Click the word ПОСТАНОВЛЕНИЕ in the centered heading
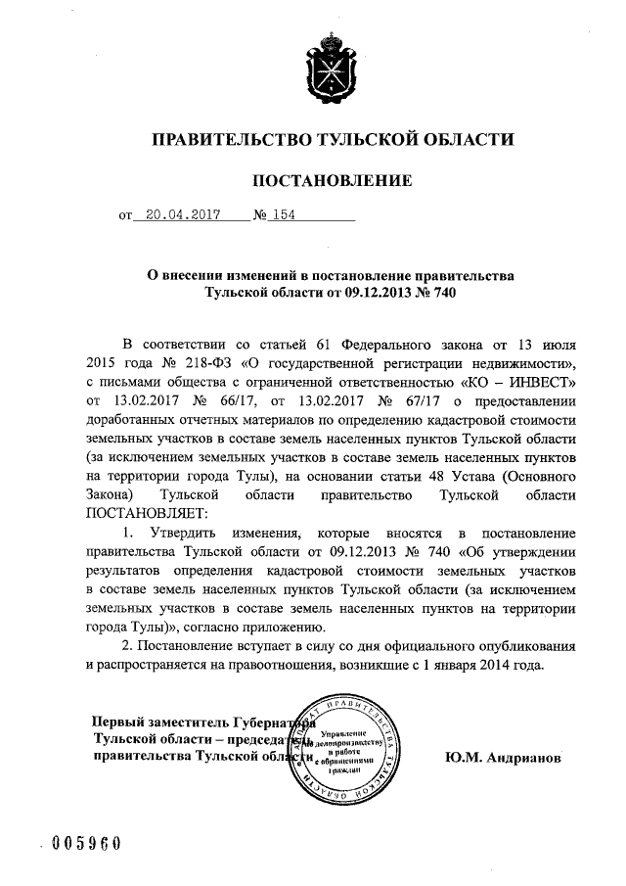click(332, 181)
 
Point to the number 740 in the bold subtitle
click(441, 292)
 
